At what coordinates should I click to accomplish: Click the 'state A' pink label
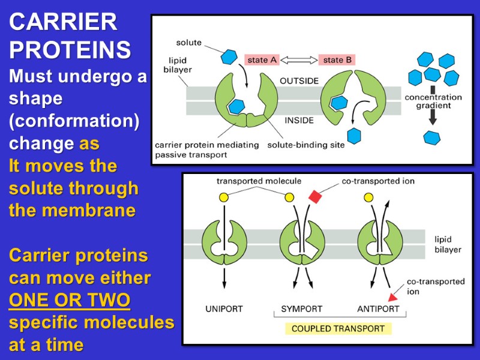click(262, 60)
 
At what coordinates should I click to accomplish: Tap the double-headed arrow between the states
click(299, 60)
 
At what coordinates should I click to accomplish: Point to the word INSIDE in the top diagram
click(299, 120)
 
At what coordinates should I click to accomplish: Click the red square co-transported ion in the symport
click(315, 196)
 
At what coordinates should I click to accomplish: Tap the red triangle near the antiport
click(394, 296)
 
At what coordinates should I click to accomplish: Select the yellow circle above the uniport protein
click(224, 197)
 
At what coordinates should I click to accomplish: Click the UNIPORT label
click(224, 309)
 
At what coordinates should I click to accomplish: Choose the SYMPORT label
click(302, 309)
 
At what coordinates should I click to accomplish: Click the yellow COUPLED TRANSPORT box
click(338, 329)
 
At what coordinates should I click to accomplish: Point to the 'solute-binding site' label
click(299, 145)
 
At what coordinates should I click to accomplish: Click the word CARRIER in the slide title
click(63, 23)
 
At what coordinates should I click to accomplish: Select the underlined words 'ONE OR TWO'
click(70, 300)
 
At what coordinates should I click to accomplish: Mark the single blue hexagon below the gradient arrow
click(432, 137)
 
